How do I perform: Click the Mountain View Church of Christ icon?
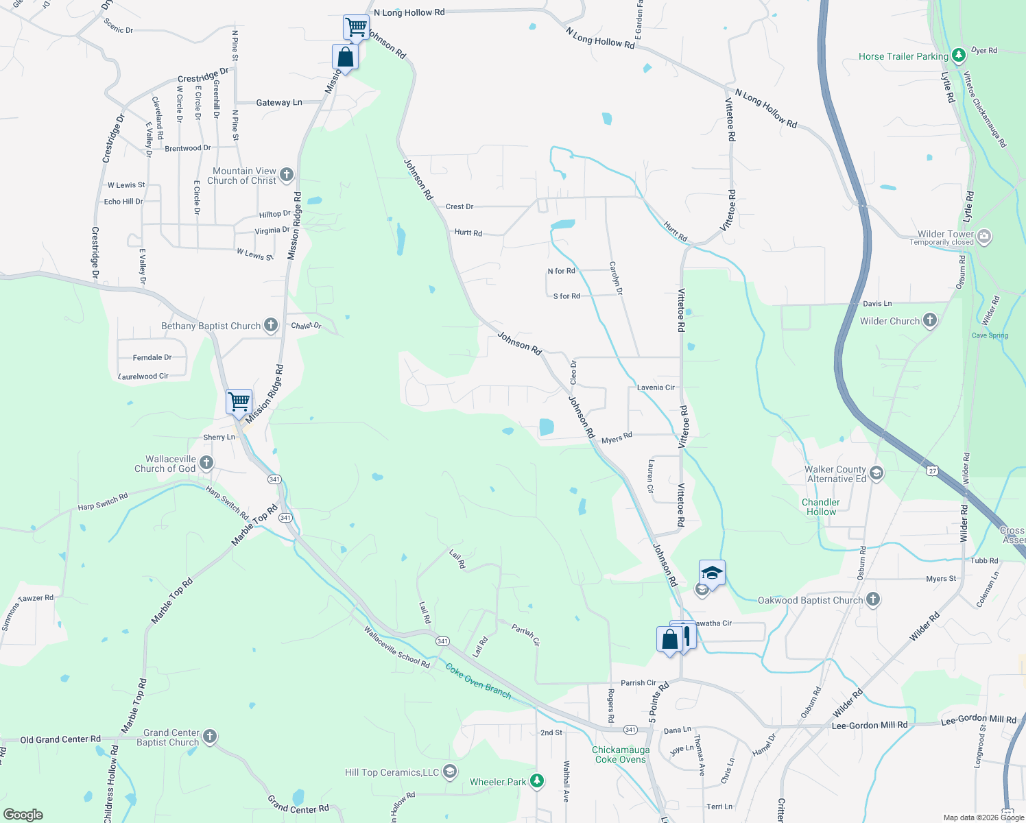(x=287, y=175)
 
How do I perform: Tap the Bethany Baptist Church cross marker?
(x=271, y=325)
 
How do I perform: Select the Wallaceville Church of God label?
(x=165, y=464)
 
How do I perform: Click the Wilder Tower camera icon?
(x=984, y=237)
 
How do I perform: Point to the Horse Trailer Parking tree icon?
(x=959, y=55)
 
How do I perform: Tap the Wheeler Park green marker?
(x=537, y=781)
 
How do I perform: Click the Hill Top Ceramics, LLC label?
(x=392, y=772)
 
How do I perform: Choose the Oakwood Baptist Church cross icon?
(x=872, y=599)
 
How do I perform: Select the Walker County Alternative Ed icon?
(x=876, y=473)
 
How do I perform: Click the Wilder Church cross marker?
(x=929, y=320)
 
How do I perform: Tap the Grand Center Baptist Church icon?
(x=210, y=737)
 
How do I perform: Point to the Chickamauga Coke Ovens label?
(x=621, y=754)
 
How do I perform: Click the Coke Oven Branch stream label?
(x=479, y=681)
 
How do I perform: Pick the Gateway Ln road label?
(x=279, y=103)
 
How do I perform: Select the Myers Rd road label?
(x=617, y=438)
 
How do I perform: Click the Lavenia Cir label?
(x=656, y=387)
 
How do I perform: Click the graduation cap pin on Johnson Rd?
(x=712, y=573)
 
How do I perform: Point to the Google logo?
(x=23, y=814)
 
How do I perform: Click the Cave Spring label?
(x=990, y=335)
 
